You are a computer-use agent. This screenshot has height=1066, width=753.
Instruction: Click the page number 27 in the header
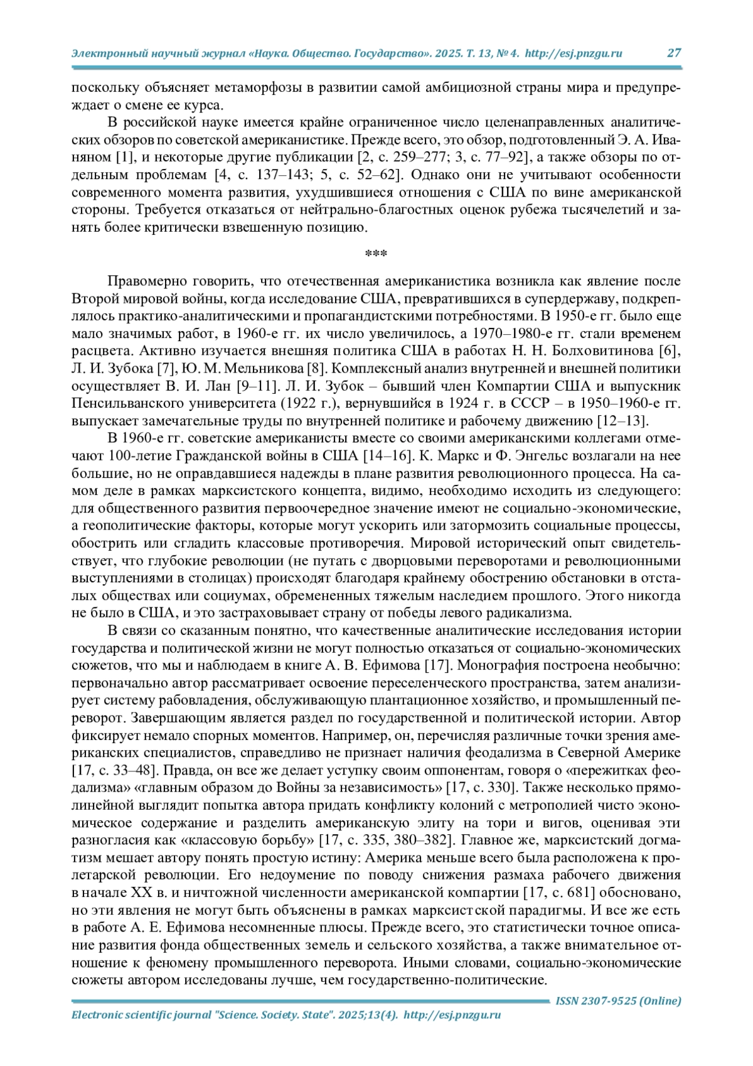(674, 53)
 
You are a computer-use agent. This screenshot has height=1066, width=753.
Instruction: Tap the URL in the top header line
(573, 53)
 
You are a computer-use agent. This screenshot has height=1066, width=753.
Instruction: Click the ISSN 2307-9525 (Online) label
(618, 1001)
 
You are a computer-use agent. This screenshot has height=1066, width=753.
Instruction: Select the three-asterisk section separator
(376, 254)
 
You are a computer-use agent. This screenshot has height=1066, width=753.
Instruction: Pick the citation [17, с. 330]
(482, 788)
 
